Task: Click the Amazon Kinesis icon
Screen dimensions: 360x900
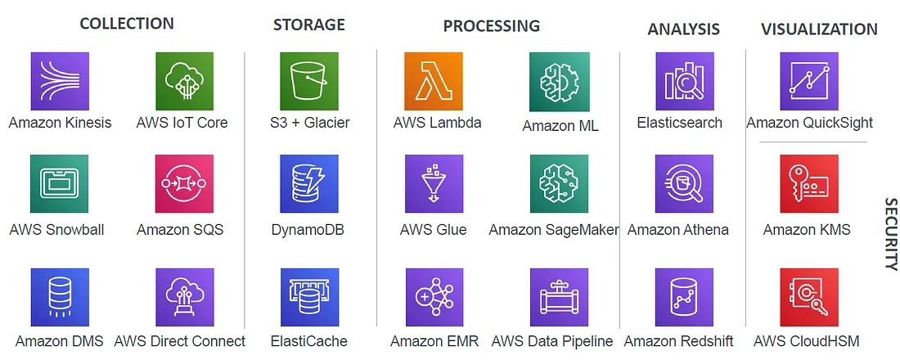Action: (60, 82)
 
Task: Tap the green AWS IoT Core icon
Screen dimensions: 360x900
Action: (185, 82)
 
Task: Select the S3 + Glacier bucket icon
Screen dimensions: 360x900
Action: (309, 82)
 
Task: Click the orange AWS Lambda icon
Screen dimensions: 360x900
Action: (434, 82)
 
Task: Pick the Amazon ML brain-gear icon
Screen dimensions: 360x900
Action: (559, 82)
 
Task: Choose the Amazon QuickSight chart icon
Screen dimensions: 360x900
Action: (809, 82)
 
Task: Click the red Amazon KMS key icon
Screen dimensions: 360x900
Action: (809, 184)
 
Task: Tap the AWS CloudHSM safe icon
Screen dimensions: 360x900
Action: (809, 297)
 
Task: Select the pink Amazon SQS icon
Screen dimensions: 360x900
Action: (185, 184)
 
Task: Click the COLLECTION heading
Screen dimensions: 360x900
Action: (127, 24)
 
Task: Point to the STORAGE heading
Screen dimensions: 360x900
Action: (308, 25)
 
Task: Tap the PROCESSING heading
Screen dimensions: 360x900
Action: (492, 26)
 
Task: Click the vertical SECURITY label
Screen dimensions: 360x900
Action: (891, 234)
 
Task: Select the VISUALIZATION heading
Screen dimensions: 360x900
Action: (819, 29)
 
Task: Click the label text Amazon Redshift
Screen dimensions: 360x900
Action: (678, 341)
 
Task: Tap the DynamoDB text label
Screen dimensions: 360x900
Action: (308, 230)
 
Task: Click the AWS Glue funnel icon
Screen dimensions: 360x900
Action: (434, 184)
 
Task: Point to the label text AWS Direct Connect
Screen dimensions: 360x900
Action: (180, 341)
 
